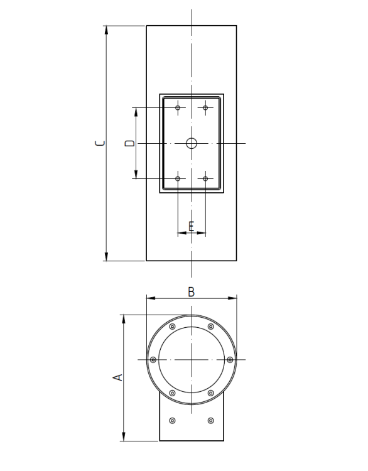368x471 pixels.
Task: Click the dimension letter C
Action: [100, 143]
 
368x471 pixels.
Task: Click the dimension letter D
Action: [130, 143]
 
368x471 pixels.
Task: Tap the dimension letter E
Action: [192, 226]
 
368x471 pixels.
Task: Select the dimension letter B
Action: [192, 292]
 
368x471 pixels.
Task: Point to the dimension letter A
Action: [117, 377]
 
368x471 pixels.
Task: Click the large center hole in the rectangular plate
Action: [192, 143]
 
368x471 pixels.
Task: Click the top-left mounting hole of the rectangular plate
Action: [178, 107]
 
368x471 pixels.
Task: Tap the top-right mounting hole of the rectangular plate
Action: [205, 107]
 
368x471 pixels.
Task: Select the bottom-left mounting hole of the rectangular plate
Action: [178, 179]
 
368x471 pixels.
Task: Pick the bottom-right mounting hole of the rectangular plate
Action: [205, 179]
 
